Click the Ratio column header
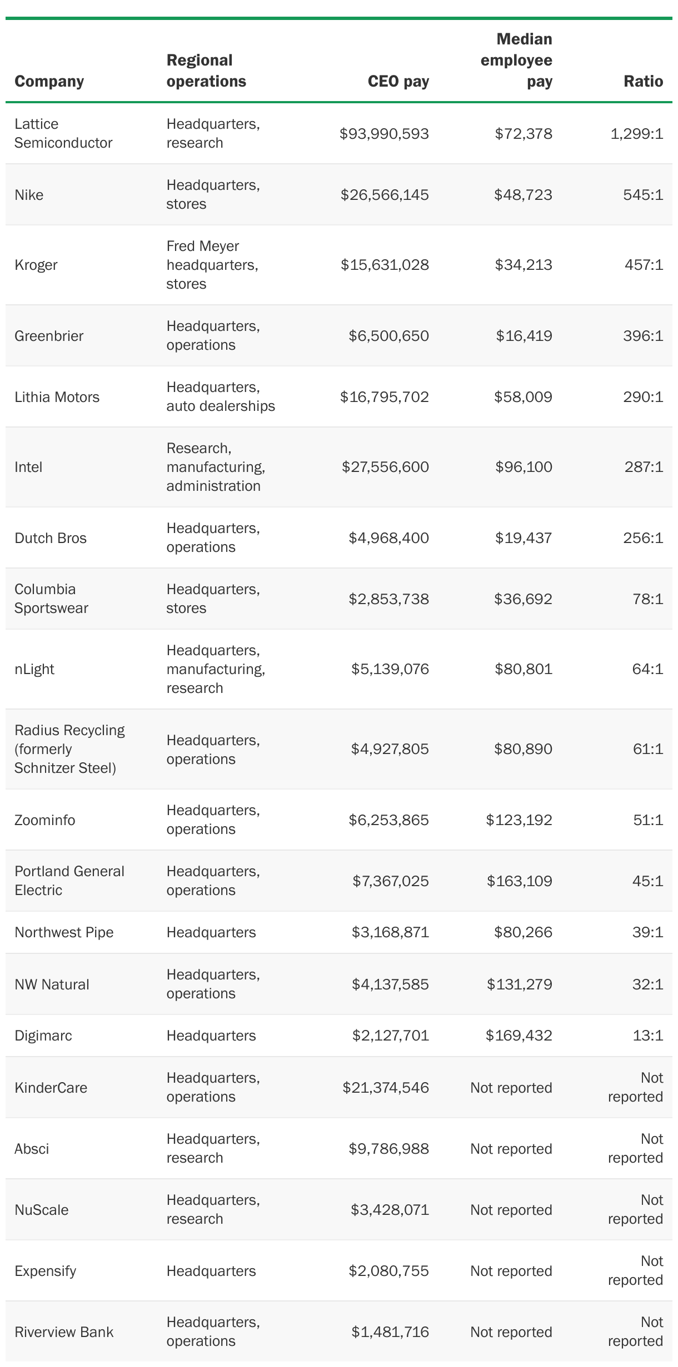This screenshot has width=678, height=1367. pos(643,81)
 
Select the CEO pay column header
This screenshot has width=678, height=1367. pos(398,81)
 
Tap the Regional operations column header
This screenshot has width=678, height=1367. pos(206,71)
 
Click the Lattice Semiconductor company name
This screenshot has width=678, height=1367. pos(63,133)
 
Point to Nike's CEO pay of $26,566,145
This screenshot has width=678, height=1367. pos(385,194)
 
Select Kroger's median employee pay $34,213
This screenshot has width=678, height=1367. pos(524,264)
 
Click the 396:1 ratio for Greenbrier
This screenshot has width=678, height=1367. pos(643,335)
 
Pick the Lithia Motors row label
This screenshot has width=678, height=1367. pos(57,396)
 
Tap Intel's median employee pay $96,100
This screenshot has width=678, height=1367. pos(524,466)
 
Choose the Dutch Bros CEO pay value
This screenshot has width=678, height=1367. pos(388,537)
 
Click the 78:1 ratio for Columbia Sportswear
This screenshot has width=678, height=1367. pos(647,599)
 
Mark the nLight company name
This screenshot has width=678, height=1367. pos(34,669)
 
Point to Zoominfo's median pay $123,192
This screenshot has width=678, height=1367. pos(519,820)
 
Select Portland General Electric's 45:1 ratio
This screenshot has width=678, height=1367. pos(647,881)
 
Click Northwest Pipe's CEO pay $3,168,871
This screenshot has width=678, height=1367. pos(390,932)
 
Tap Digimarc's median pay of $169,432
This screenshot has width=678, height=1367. pos(519,1035)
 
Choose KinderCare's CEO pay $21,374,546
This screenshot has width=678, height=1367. pos(386,1087)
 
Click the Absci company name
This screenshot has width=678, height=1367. pos(32,1148)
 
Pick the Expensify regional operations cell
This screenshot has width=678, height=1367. pos(211,1270)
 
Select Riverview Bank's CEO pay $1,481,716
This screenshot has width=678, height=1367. pos(390,1331)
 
